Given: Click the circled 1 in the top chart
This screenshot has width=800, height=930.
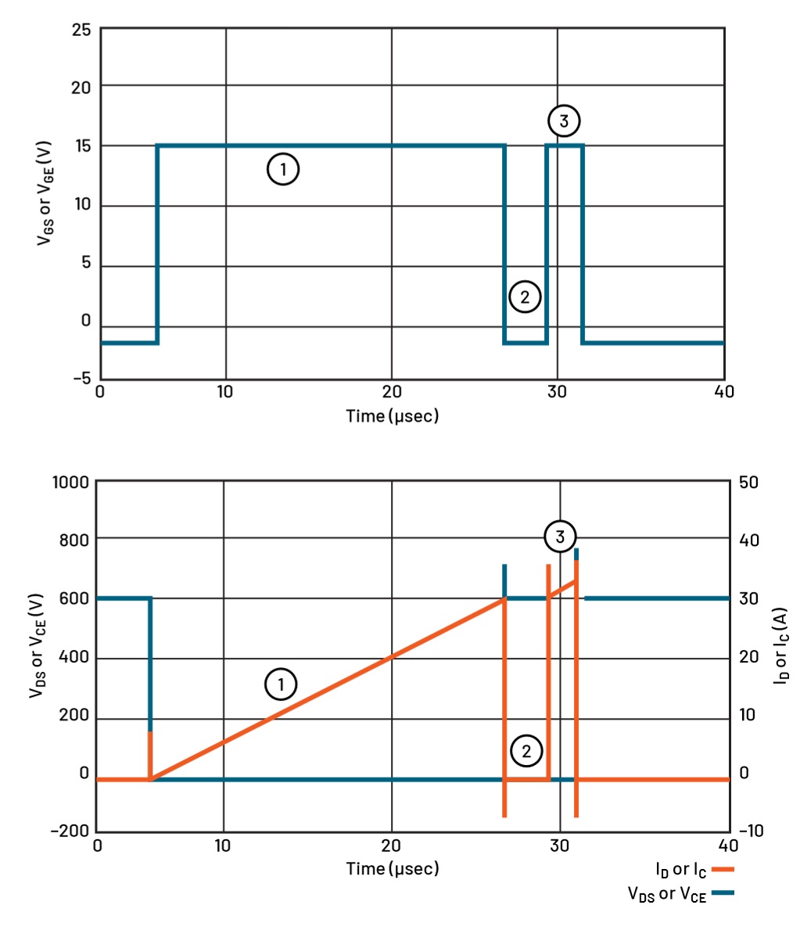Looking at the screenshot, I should coord(283,169).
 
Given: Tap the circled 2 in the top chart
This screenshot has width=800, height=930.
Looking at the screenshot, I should coord(524,296).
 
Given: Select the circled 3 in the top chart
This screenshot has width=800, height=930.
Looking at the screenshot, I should coord(564,121).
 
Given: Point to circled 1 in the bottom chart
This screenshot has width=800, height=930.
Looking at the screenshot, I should coord(281,684).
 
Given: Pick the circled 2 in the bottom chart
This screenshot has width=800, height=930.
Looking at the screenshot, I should coord(526,751).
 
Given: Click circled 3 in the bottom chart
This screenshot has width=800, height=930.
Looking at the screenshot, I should coord(560,537).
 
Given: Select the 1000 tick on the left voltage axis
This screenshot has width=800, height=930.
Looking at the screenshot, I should coord(70,482).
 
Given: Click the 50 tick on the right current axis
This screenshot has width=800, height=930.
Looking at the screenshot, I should coord(749,482).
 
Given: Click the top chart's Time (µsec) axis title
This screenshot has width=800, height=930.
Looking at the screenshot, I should coord(393,415).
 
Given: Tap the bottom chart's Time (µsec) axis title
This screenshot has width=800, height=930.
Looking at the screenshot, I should coord(393,868).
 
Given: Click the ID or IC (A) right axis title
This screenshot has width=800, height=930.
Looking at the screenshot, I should coord(780,646).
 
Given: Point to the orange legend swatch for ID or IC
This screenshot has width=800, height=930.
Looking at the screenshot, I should coord(723,869).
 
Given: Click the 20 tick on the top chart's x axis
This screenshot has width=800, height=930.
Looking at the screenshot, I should coord(391,391).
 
